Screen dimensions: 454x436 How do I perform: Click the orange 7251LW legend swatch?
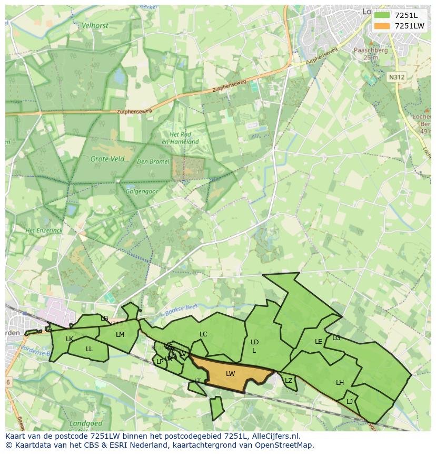382,26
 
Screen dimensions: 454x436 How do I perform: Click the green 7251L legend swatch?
382,15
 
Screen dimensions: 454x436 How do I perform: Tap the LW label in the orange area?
230,374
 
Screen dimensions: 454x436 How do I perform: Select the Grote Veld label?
107,159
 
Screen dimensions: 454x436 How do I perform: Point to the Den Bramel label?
153,161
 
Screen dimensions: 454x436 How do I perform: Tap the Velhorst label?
95,25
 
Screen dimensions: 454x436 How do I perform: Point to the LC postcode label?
203,334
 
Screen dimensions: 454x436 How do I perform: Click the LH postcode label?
340,383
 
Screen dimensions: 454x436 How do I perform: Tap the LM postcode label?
120,335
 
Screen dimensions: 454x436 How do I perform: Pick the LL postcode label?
89,349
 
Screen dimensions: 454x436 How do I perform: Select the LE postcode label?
318,342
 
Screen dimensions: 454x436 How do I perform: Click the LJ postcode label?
350,402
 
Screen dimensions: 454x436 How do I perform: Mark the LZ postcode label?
289,381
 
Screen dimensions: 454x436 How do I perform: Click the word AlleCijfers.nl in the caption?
274,436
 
